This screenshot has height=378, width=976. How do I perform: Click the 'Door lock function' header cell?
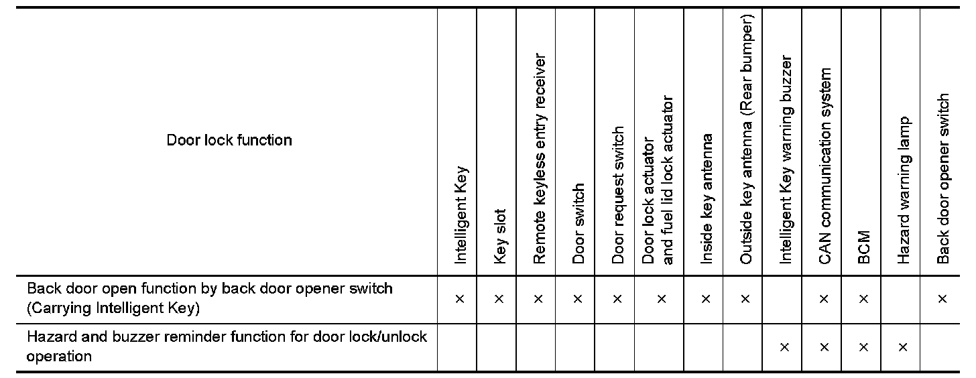tap(229, 140)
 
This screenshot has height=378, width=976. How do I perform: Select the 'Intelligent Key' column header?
tap(461, 214)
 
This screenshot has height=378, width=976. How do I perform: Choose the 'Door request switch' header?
tap(618, 195)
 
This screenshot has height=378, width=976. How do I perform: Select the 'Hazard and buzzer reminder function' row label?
tap(227, 346)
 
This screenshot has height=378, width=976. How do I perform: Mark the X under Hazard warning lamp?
tap(903, 346)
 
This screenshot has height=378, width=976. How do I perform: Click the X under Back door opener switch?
tap(942, 299)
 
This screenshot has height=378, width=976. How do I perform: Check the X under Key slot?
tap(499, 299)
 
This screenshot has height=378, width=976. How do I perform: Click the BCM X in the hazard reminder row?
tap(863, 346)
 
